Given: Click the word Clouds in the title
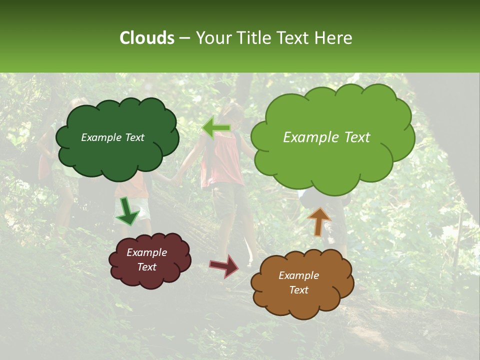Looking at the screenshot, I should pos(146,38).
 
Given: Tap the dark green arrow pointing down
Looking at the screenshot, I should pos(128,211).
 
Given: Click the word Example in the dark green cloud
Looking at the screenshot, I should pos(99,137).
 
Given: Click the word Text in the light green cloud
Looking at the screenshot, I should pos(353,137).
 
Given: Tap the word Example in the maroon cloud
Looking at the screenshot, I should pos(146,252).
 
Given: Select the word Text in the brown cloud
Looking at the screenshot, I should pos(298,290).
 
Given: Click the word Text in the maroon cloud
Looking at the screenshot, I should pos(146,267).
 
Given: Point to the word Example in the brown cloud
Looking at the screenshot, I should pos(298,275).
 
